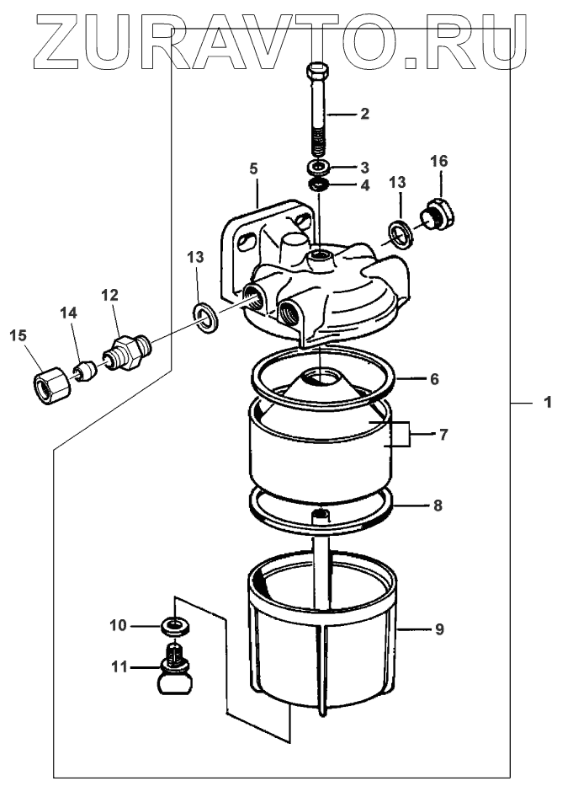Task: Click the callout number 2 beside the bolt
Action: coord(364,114)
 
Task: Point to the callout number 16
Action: coord(439,161)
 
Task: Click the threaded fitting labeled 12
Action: coord(127,350)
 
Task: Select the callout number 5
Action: coord(254,168)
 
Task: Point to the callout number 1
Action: coord(548,403)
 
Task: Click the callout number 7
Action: coord(443,435)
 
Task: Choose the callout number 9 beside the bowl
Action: coord(439,629)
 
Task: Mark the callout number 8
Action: coord(438,505)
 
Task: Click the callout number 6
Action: coord(434,379)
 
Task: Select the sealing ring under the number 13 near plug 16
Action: coord(401,234)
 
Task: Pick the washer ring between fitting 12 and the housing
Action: coord(206,318)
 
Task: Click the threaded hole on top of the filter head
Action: coord(320,254)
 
